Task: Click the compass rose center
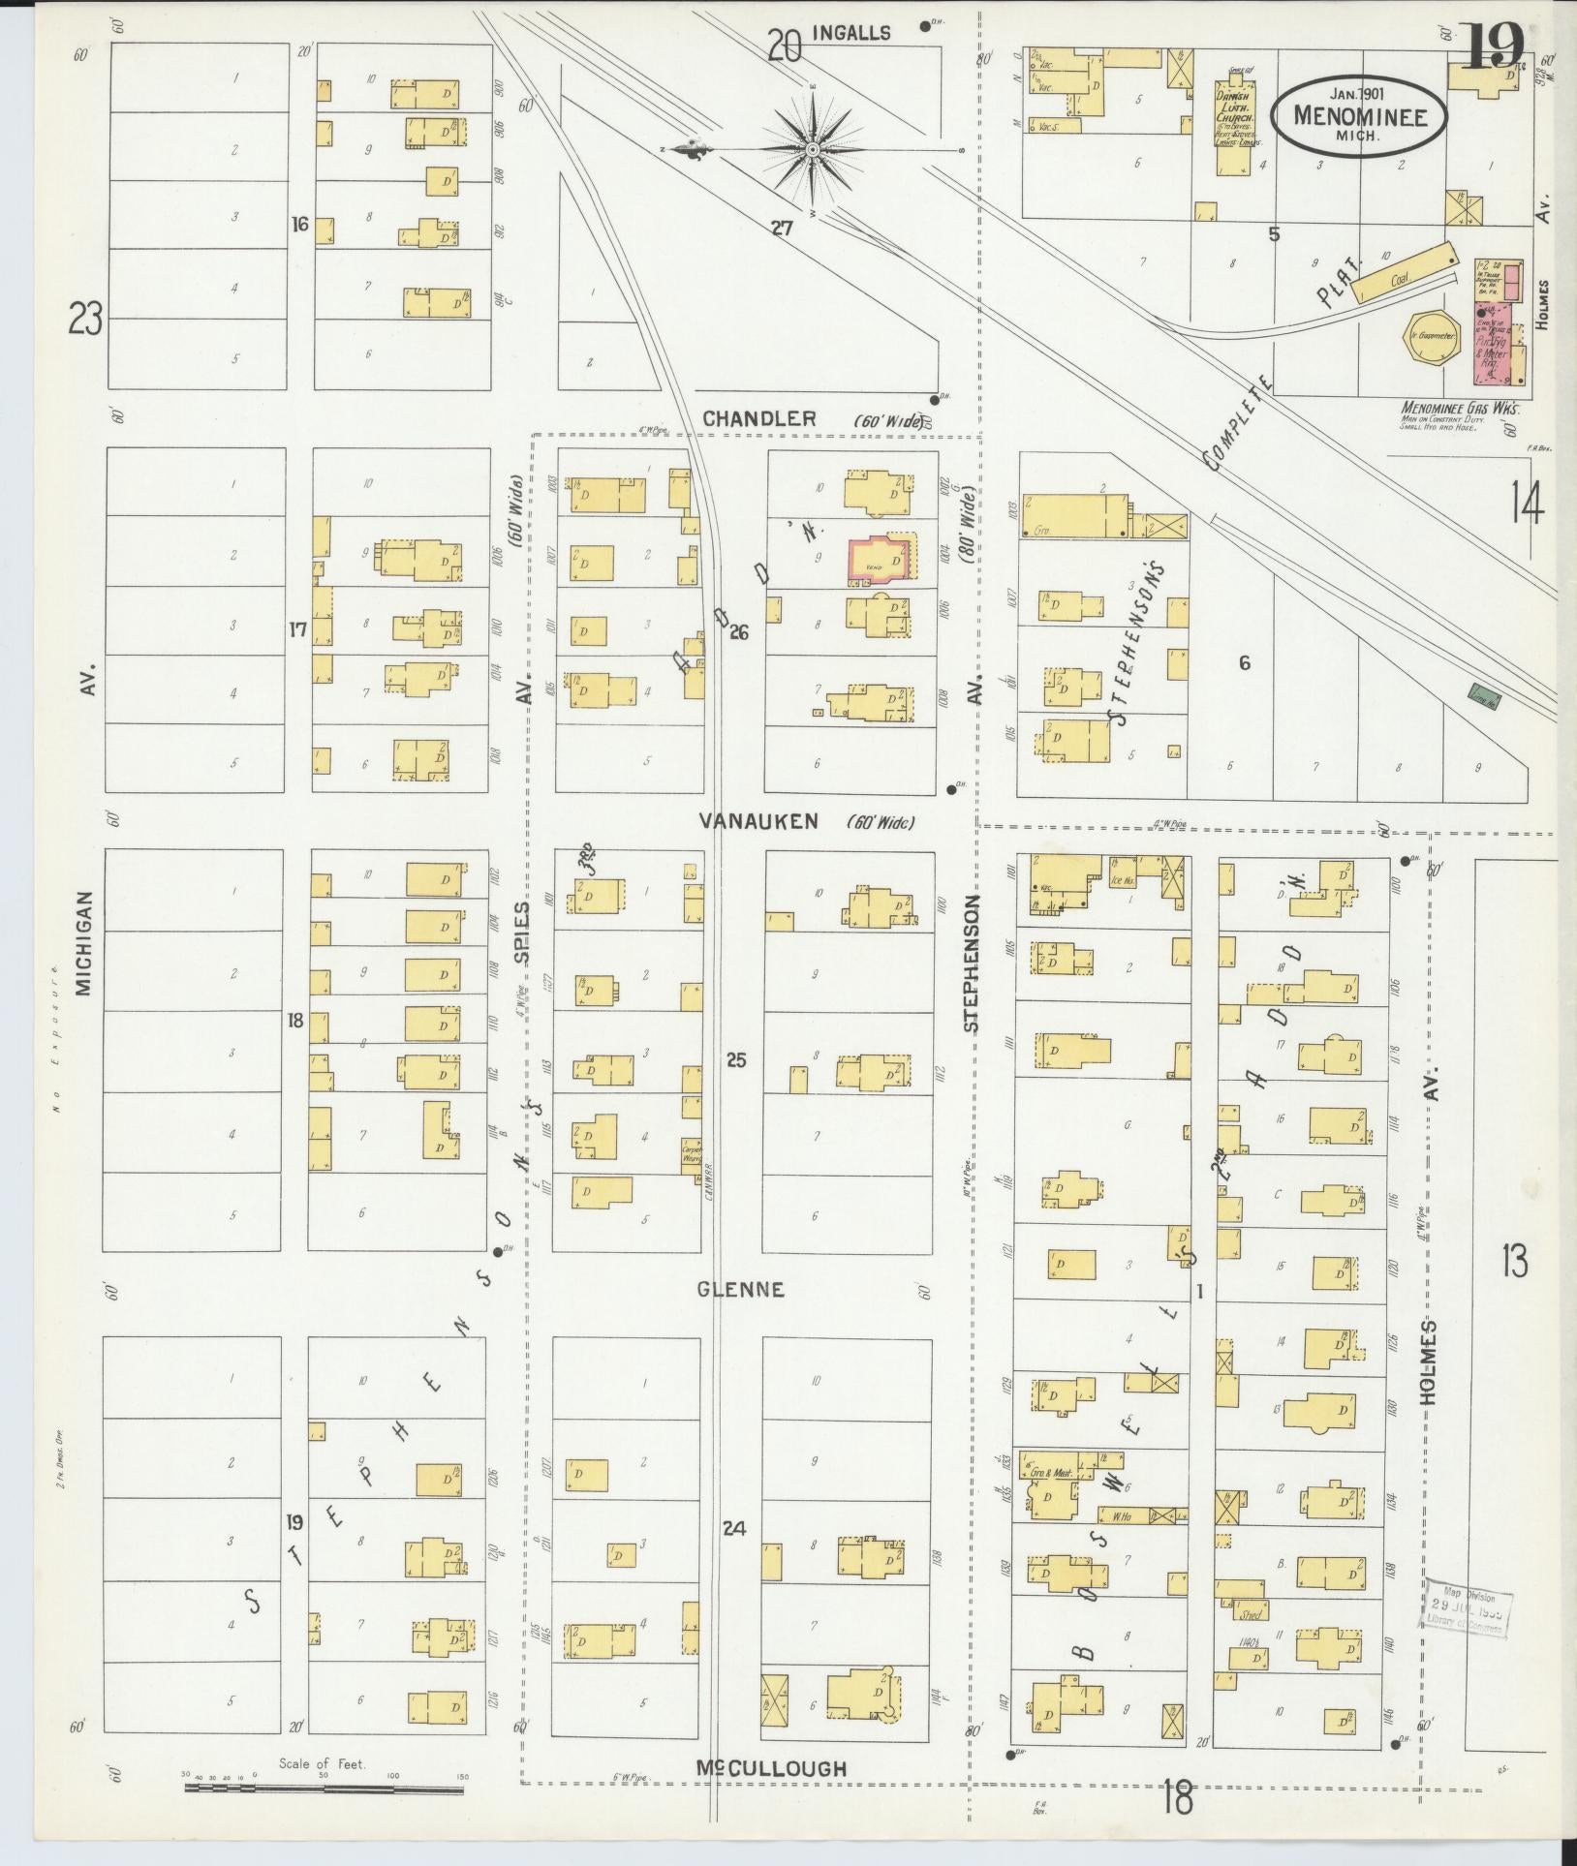click(813, 150)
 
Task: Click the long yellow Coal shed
click(1404, 273)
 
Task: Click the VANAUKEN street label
click(758, 821)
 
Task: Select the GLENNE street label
click(740, 1290)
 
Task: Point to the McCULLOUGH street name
click(771, 1768)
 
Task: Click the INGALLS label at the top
click(850, 33)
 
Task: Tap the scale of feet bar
click(324, 1788)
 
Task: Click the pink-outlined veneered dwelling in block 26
click(882, 559)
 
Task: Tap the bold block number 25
click(736, 1060)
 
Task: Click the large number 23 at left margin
click(85, 319)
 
